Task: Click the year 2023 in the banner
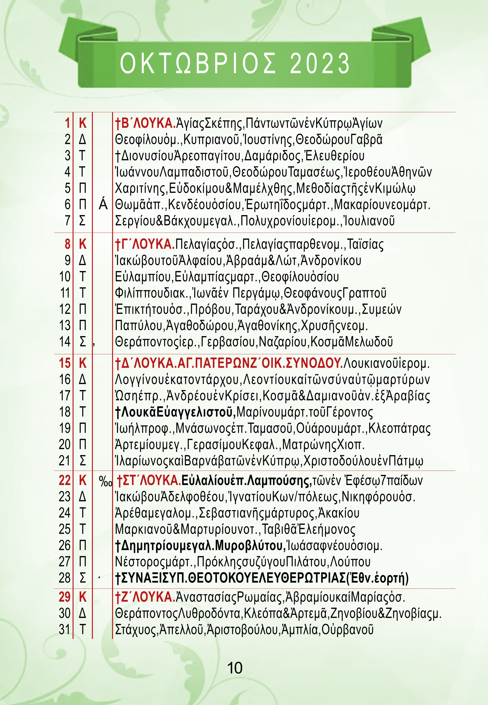[x=319, y=63]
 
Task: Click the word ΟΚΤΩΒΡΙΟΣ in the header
[x=198, y=63]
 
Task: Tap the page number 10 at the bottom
[x=235, y=668]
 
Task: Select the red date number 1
[x=67, y=123]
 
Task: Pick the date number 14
[x=65, y=342]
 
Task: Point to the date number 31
[x=65, y=629]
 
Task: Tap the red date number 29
[x=65, y=597]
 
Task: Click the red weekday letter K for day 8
[x=83, y=244]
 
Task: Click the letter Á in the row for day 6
[x=103, y=205]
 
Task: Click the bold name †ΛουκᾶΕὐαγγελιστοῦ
[x=175, y=412]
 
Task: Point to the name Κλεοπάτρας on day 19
[x=399, y=428]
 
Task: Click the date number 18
[x=65, y=412]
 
